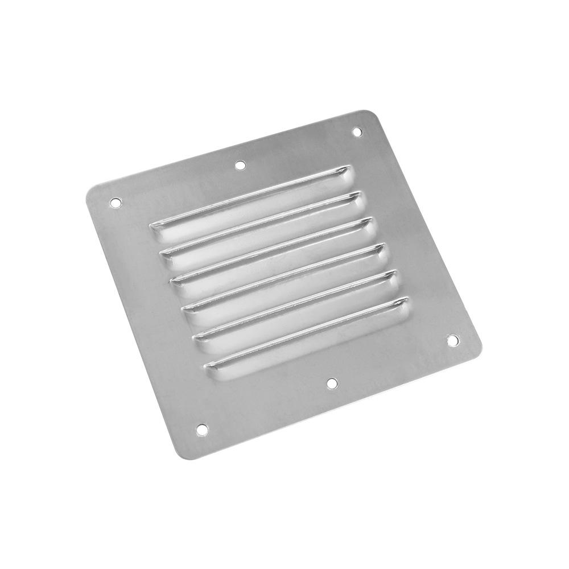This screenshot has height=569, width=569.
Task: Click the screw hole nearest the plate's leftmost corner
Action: point(116,201)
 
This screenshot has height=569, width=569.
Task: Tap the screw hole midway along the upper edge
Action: point(240,165)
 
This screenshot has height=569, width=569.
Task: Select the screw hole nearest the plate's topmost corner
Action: point(357,131)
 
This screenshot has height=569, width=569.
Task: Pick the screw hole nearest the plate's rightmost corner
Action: point(452,340)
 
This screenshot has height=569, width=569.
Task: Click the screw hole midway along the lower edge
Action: point(332,383)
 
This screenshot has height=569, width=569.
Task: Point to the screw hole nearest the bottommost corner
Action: point(202,430)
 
